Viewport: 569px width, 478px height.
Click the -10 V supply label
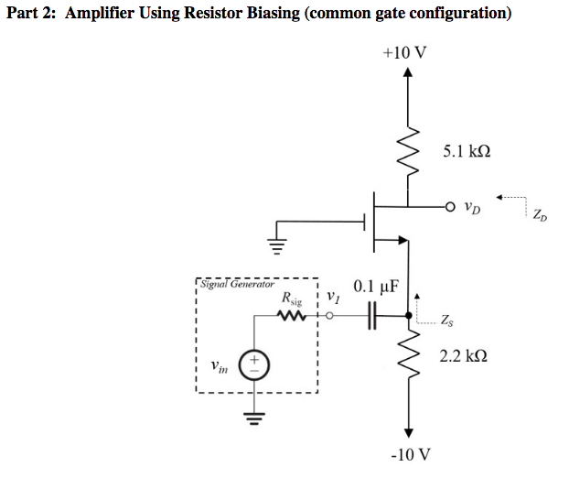[408, 454]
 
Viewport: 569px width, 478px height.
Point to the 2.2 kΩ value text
[463, 354]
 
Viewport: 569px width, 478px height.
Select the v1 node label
[332, 297]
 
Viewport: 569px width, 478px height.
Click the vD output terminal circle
[450, 206]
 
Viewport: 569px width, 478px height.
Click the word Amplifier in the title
[107, 14]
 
